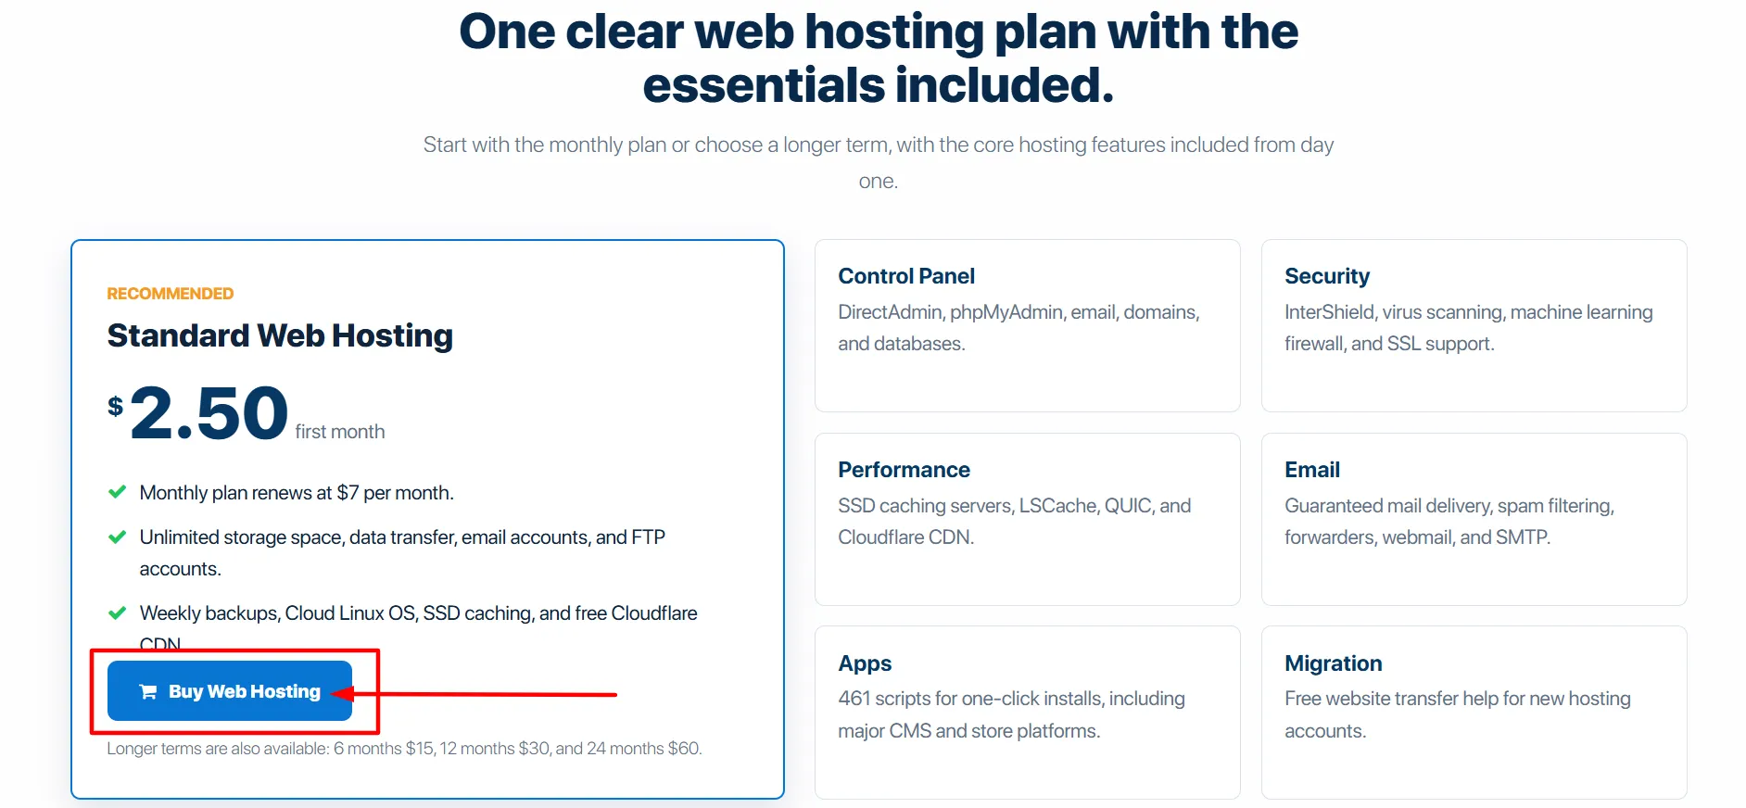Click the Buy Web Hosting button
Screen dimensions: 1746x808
(x=230, y=690)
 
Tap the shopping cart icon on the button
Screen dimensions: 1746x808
(x=147, y=691)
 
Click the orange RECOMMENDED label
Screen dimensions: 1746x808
(x=171, y=294)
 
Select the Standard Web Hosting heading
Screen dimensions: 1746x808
(x=280, y=335)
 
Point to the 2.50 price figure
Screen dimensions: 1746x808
(x=209, y=413)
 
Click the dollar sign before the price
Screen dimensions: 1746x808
(x=115, y=406)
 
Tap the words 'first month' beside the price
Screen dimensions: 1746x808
(x=340, y=432)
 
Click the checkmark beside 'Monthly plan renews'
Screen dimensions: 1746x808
(x=118, y=492)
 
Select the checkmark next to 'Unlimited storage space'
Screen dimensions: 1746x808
(x=118, y=537)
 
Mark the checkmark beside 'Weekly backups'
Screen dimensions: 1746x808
(x=118, y=612)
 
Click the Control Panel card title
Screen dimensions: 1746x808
(x=906, y=276)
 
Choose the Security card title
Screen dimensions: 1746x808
(x=1327, y=276)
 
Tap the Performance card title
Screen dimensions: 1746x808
(x=904, y=470)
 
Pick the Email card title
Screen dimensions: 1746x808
(x=1312, y=470)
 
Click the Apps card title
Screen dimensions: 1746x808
(x=865, y=663)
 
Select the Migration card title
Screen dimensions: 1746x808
(x=1334, y=663)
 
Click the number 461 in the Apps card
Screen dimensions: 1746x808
(x=854, y=699)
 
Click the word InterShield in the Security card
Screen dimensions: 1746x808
(x=1329, y=312)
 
